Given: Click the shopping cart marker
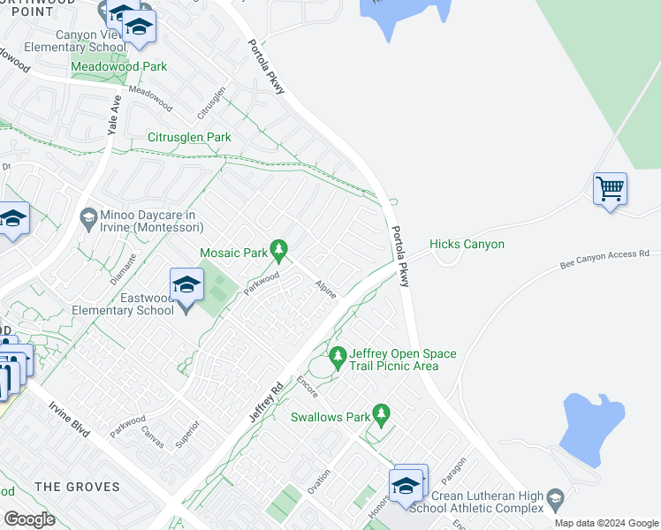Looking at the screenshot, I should (x=610, y=189).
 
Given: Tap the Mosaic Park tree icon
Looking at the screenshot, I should (x=279, y=252).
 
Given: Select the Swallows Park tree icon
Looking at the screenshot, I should (x=381, y=413).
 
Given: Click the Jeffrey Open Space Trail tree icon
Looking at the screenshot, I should (x=337, y=358).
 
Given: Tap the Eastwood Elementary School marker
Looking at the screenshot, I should (x=186, y=286).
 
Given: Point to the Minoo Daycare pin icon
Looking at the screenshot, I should (x=87, y=216).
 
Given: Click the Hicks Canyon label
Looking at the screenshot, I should (x=467, y=244).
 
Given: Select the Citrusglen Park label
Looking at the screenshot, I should (x=189, y=137).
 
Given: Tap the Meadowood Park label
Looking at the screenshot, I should (x=119, y=66).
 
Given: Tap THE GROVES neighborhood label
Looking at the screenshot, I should (x=77, y=487).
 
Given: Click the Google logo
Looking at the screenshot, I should (x=29, y=519).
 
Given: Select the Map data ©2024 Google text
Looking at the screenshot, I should (x=607, y=523).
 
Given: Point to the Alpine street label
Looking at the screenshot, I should (x=324, y=289).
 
